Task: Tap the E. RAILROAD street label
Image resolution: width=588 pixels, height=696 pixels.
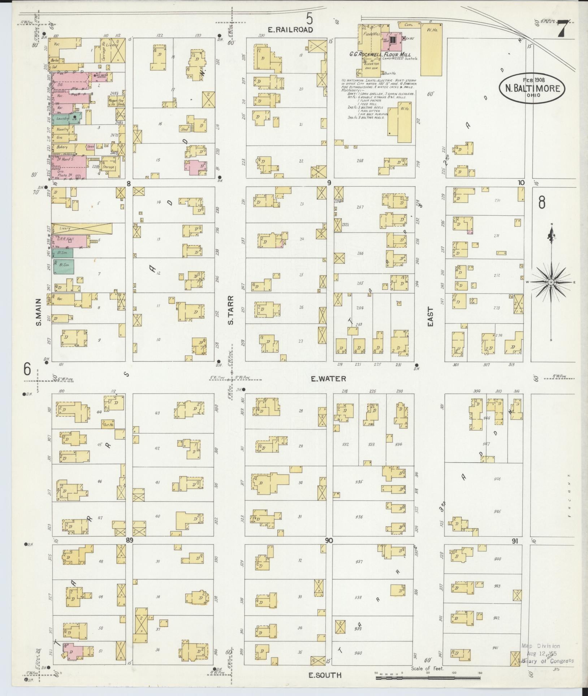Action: tap(295, 30)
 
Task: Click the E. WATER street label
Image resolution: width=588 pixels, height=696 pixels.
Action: tap(328, 379)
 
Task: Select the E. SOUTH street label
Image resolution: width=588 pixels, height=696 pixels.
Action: tap(325, 675)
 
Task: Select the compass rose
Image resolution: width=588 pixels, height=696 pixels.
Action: tap(551, 282)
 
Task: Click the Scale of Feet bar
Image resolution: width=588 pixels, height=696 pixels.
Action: tap(428, 678)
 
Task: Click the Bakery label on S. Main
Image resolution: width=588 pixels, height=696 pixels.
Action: tap(62, 147)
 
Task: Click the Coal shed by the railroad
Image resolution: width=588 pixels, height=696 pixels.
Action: tap(410, 25)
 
